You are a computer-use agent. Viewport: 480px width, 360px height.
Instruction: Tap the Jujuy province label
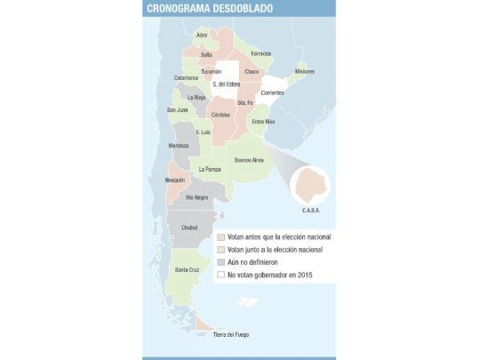coord(201,34)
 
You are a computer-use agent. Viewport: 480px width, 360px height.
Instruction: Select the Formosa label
coord(261,53)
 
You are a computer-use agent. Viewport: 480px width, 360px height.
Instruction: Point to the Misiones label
coord(304,71)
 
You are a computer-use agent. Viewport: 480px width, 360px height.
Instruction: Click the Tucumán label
coord(211,71)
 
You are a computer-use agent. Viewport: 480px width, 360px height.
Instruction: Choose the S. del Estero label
coord(227,84)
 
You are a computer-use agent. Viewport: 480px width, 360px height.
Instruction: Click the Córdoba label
coord(221,115)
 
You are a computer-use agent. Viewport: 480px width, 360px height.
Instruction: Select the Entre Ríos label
coord(264,121)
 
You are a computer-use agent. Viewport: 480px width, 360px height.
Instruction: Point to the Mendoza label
coord(179,146)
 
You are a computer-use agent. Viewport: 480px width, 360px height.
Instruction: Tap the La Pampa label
coord(210,168)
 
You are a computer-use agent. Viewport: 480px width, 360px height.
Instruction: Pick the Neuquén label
coord(175,180)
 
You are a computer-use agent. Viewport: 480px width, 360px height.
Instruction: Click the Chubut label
coord(189,228)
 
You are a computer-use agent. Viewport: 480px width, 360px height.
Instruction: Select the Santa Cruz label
coord(187,269)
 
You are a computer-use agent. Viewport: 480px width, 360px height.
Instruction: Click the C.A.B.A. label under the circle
coord(310,212)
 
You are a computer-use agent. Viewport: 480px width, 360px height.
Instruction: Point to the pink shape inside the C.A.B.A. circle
coord(310,185)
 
